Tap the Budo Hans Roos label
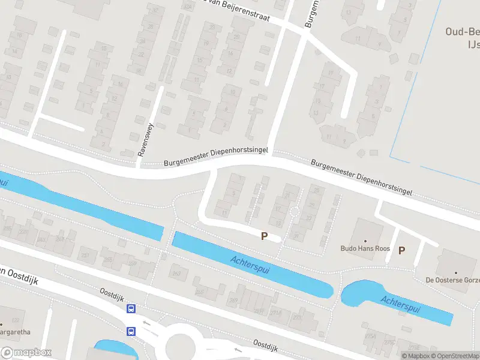(365, 248)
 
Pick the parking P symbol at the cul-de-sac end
(264, 236)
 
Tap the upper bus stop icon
(131, 309)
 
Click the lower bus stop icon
(131, 331)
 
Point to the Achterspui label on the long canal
(250, 265)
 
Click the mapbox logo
(26, 353)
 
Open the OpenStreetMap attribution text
(452, 356)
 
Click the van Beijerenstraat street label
(240, 11)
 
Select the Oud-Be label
(463, 32)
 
